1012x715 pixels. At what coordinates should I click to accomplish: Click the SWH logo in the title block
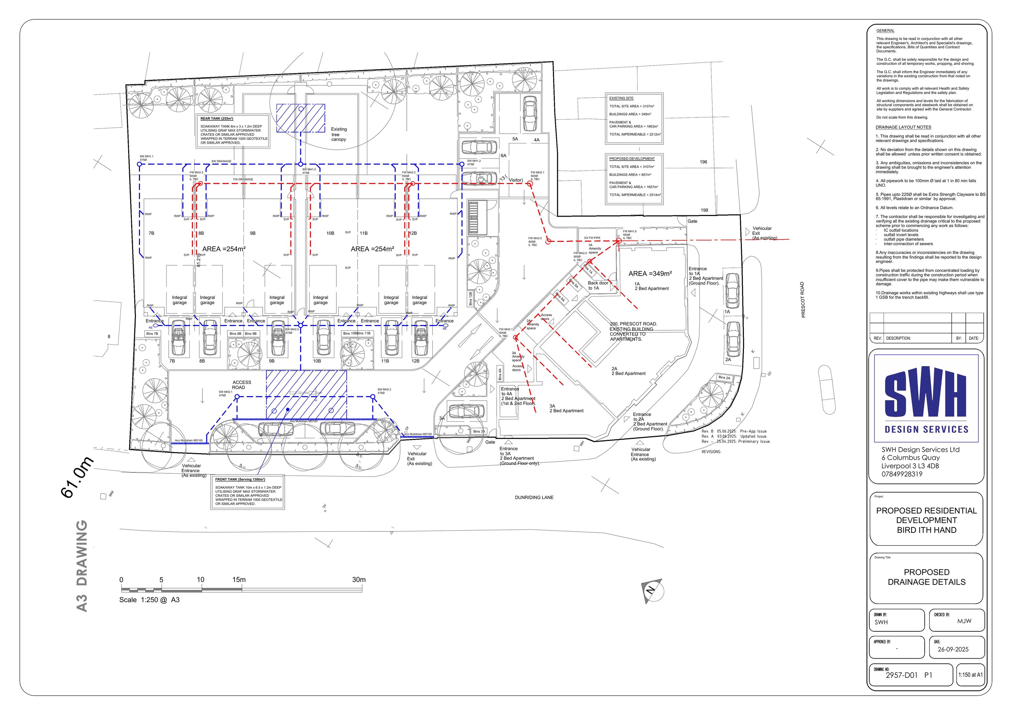pos(926,398)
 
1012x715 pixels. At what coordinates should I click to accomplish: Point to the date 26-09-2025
pos(953,649)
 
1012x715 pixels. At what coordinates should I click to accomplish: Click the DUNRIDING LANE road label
pos(534,497)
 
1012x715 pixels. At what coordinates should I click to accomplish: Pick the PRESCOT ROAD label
pos(802,300)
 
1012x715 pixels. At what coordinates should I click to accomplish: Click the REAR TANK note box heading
pos(217,118)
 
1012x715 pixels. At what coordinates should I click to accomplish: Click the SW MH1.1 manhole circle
pos(139,164)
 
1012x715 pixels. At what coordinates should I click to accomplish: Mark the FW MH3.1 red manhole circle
pos(530,183)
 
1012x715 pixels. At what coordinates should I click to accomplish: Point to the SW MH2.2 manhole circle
pos(373,397)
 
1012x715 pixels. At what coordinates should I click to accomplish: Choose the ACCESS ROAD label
pos(242,385)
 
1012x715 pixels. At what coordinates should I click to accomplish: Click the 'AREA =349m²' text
pos(650,273)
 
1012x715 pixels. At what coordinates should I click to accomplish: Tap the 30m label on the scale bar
pos(359,580)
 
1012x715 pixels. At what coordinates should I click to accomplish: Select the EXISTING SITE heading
pos(621,98)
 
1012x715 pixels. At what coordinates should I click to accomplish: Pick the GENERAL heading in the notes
pos(885,31)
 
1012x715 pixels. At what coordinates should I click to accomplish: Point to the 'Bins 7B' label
pos(152,334)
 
